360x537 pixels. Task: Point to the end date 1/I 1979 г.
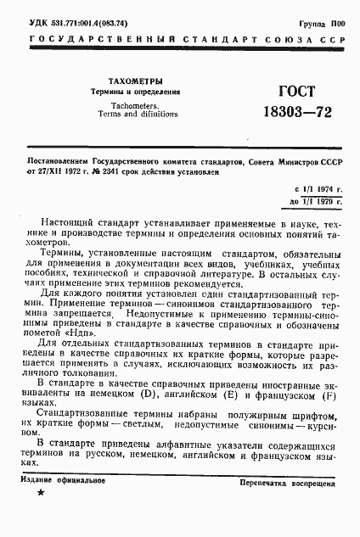317,202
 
